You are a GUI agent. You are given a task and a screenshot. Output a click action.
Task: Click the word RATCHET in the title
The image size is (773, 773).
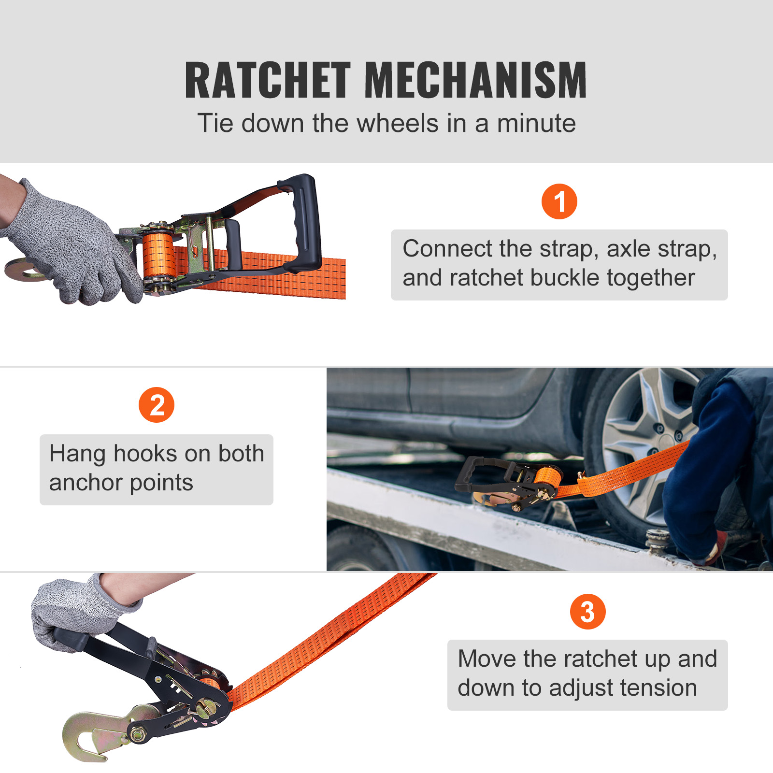(267, 81)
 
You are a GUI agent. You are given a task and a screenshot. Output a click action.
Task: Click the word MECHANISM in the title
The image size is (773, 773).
(475, 81)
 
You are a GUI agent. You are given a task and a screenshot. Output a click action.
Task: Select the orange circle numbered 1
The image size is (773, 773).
(559, 201)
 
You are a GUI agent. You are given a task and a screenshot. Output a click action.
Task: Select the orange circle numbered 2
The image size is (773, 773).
(156, 405)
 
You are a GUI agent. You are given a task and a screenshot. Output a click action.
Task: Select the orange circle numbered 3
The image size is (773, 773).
(587, 612)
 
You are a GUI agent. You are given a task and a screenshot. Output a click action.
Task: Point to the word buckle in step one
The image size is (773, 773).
(565, 278)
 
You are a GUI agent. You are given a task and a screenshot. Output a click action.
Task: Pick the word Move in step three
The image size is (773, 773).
(487, 659)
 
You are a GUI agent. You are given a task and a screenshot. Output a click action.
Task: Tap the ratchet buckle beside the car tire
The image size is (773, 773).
(512, 483)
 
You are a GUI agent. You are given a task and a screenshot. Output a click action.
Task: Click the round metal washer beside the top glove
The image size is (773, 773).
(22, 269)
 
